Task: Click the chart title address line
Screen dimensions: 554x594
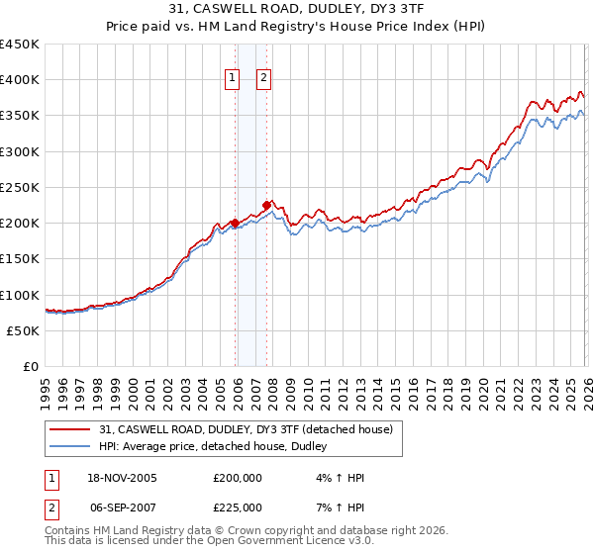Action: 296,11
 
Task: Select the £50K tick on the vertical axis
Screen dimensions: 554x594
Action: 24,330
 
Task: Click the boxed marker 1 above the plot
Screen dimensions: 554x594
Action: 233,78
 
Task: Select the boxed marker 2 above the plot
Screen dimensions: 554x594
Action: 265,78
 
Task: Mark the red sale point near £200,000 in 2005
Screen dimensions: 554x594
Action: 235,223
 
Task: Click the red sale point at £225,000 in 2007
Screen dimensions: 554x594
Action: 266,205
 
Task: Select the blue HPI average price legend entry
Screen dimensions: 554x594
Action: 219,447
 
